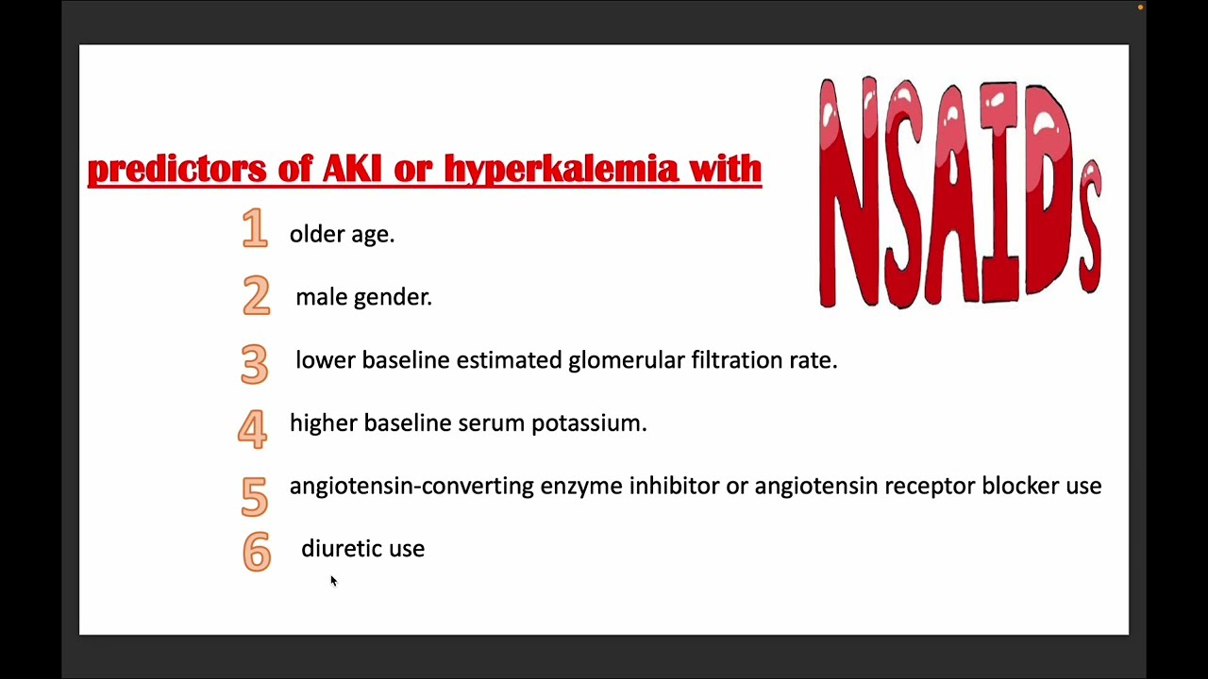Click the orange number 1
click(255, 228)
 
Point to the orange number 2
click(256, 295)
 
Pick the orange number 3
click(254, 363)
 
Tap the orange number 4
click(252, 427)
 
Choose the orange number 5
click(254, 495)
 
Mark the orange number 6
click(256, 553)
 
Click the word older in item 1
click(317, 234)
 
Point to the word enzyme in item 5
click(580, 487)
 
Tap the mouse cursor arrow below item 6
click(333, 581)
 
